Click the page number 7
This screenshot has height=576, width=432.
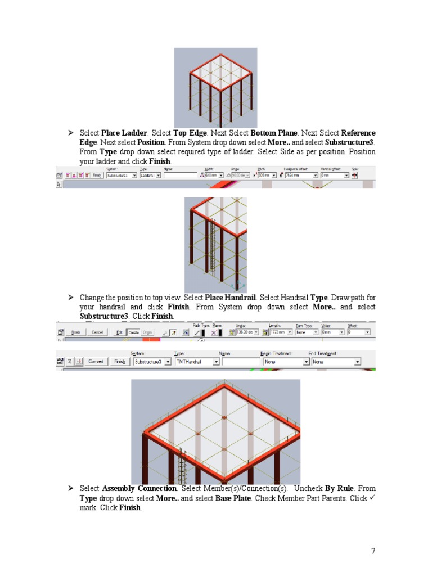(x=373, y=551)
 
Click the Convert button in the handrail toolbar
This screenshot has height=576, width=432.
(x=96, y=362)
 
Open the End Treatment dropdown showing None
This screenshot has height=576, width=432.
(x=336, y=362)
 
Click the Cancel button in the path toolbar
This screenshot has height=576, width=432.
(x=97, y=332)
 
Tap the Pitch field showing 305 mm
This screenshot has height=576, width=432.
(x=265, y=175)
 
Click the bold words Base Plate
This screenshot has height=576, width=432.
(x=233, y=498)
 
